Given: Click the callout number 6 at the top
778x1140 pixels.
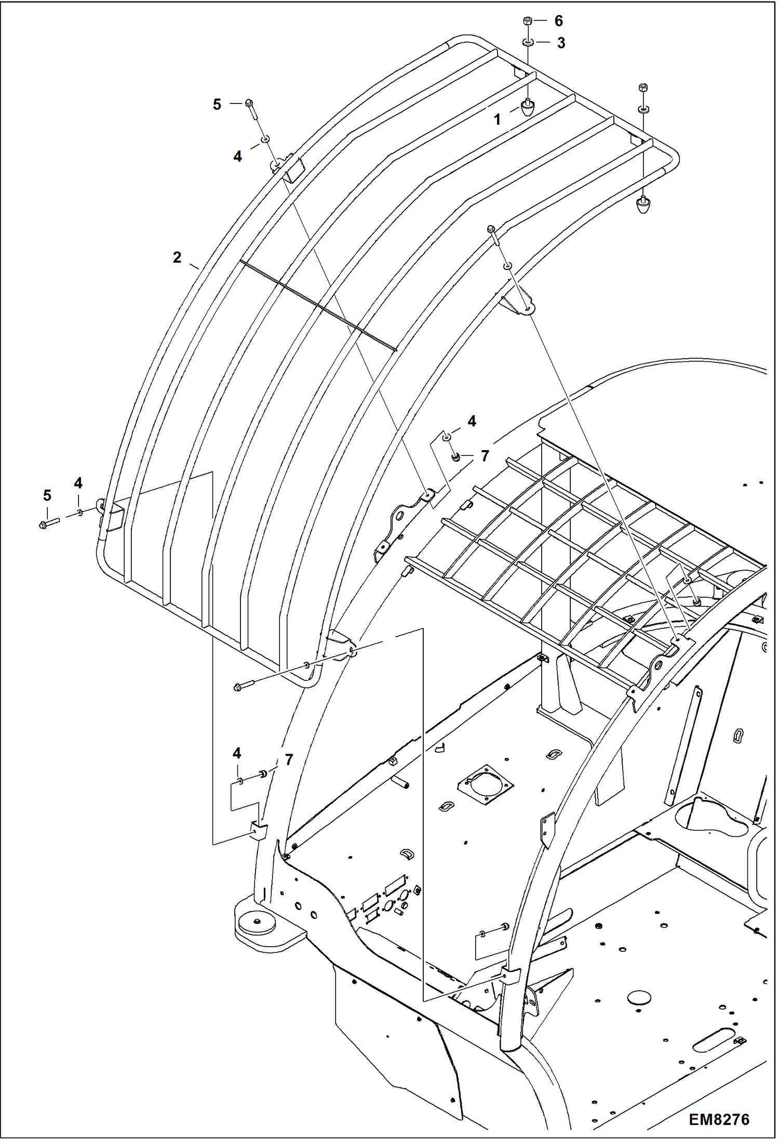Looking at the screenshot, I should tap(558, 21).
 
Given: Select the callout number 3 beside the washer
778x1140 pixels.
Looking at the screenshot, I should tap(561, 43).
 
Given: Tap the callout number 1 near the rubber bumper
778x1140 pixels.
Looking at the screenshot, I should tap(497, 120).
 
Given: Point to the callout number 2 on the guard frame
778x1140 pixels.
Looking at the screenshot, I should tap(177, 257).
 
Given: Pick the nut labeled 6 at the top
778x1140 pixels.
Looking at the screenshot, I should tap(527, 21).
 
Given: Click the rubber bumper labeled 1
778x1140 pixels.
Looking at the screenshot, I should tap(528, 108).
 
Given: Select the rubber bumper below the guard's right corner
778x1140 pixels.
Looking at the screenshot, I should tap(643, 206).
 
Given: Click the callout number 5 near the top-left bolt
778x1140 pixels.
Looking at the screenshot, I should tap(217, 104).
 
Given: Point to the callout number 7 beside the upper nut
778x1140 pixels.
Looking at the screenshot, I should tap(485, 456).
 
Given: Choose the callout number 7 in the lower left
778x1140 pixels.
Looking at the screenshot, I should tap(289, 760).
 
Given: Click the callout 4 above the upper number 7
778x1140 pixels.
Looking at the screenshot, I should tap(472, 422).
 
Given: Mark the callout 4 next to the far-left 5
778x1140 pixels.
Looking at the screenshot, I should tap(78, 483).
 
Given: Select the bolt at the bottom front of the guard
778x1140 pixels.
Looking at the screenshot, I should tap(244, 687).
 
